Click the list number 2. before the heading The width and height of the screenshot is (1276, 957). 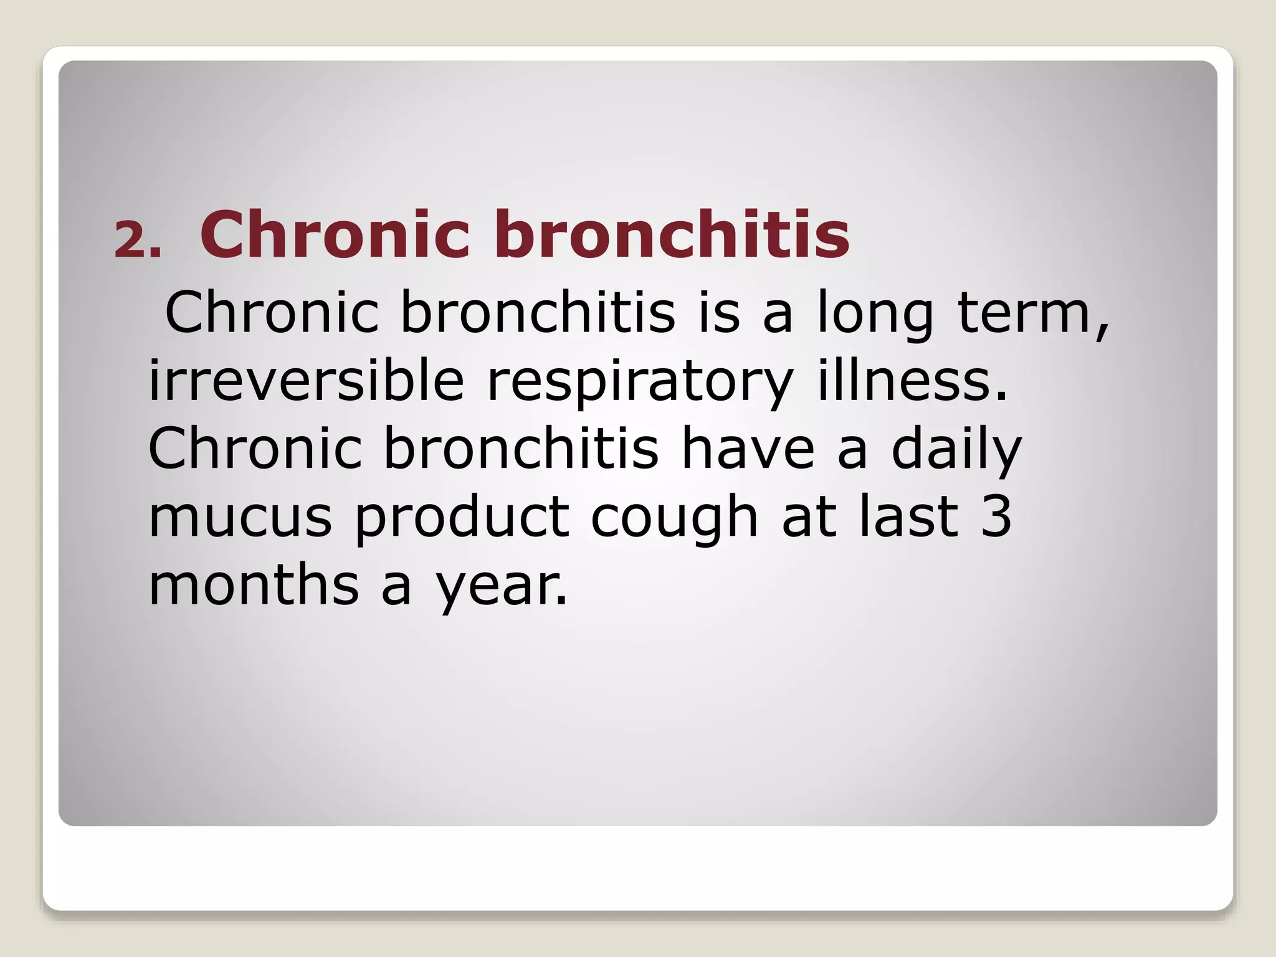coord(138,240)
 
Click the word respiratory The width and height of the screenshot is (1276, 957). coord(640,381)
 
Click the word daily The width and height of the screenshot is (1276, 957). coord(956,450)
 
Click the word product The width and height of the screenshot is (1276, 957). coord(462,518)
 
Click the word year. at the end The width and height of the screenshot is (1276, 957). coord(501,587)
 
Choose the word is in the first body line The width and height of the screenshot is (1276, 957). coord(719,312)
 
